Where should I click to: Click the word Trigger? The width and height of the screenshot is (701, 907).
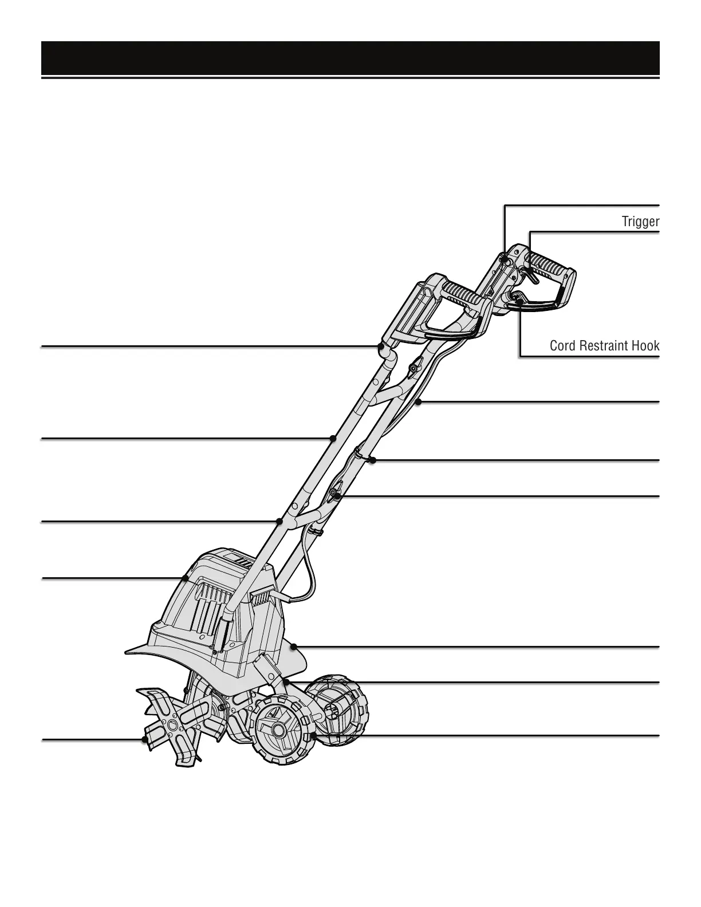pyautogui.click(x=640, y=222)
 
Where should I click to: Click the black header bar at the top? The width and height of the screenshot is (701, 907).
pyautogui.click(x=350, y=58)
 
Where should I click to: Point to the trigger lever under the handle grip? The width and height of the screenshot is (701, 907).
pyautogui.click(x=531, y=277)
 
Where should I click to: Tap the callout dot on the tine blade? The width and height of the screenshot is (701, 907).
pyautogui.click(x=145, y=740)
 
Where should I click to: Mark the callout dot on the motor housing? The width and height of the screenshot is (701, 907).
pyautogui.click(x=186, y=578)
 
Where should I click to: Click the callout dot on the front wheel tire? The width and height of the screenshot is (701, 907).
pyautogui.click(x=313, y=735)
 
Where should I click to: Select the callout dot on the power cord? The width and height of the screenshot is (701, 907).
pyautogui.click(x=419, y=403)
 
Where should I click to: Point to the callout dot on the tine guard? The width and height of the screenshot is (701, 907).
pyautogui.click(x=293, y=646)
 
